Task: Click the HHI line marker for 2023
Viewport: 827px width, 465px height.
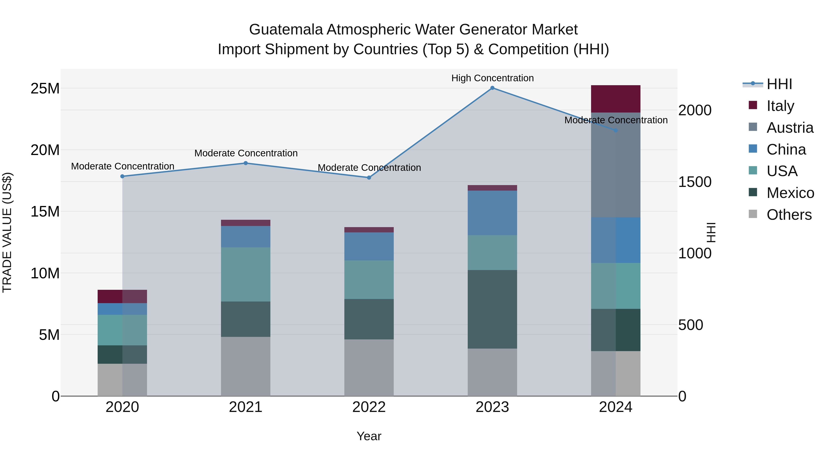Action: click(492, 88)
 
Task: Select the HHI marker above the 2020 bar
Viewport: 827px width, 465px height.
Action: click(122, 176)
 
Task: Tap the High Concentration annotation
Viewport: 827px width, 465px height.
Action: click(492, 78)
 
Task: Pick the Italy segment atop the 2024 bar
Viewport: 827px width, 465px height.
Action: click(615, 99)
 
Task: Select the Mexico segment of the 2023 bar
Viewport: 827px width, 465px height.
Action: click(492, 309)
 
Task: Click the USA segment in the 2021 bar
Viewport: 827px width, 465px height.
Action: click(246, 274)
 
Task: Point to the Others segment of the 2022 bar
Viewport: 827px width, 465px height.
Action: click(369, 367)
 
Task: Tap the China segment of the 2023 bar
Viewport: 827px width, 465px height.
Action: click(492, 213)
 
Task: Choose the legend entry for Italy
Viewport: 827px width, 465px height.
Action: click(780, 106)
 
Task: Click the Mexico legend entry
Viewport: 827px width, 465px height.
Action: click(790, 193)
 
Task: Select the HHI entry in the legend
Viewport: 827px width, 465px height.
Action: click(779, 84)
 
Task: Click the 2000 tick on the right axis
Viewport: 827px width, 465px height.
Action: click(695, 110)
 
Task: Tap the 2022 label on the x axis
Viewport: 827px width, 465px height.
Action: click(369, 407)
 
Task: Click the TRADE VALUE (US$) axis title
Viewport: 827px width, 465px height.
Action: click(7, 232)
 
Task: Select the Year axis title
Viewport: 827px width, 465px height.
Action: click(369, 436)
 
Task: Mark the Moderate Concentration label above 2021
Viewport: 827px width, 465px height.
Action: click(246, 153)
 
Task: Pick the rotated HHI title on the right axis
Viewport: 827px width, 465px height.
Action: click(711, 232)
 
